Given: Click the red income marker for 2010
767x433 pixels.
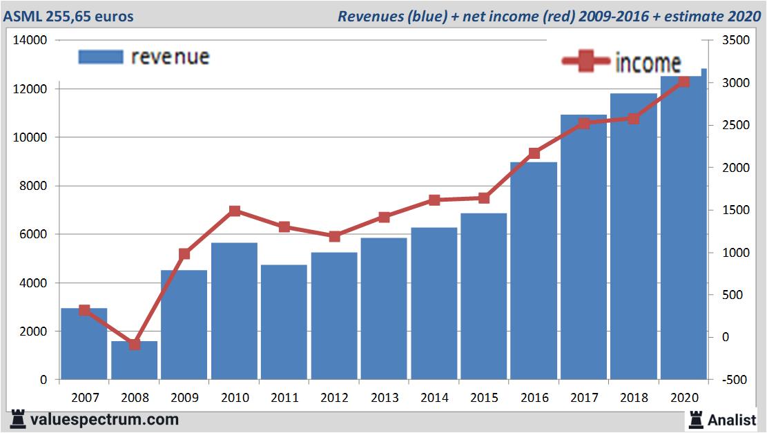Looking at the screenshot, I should click(x=235, y=211).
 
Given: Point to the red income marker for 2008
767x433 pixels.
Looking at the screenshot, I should click(x=135, y=344).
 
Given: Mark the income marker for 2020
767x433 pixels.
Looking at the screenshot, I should click(x=683, y=81).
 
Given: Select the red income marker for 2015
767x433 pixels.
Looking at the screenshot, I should click(x=484, y=198).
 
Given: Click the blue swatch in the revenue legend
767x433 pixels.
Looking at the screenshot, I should click(x=101, y=57).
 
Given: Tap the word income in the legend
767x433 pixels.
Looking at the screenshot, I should click(x=648, y=63).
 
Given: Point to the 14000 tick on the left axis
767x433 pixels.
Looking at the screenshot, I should click(x=30, y=41).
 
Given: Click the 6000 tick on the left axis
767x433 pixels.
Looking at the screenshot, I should click(x=33, y=235).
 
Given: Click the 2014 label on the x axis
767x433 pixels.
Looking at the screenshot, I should click(x=434, y=398).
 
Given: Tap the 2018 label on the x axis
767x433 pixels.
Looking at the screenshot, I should click(x=634, y=398).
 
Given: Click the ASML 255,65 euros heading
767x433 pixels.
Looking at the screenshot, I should click(x=68, y=16).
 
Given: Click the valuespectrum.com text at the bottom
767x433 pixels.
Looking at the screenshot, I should click(x=104, y=419).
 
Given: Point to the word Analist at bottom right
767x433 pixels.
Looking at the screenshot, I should click(x=732, y=419).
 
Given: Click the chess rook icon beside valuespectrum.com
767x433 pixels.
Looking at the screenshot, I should click(x=17, y=419).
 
